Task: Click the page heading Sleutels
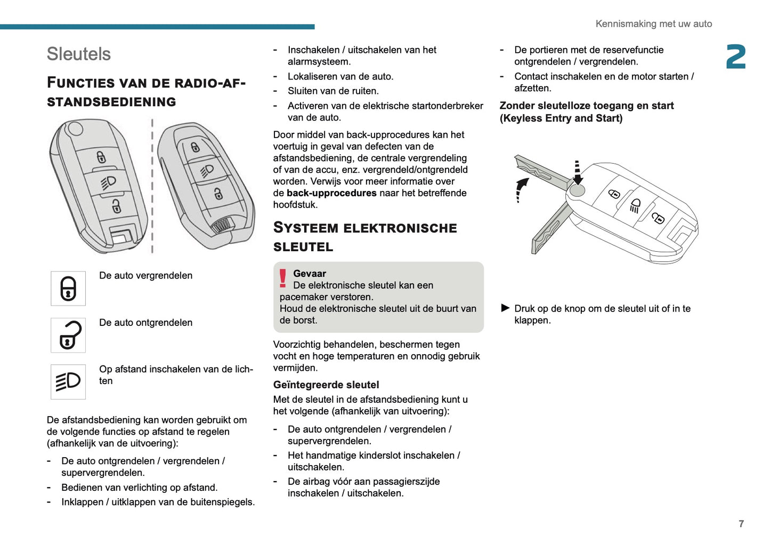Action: [x=79, y=54]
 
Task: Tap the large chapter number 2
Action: [x=736, y=57]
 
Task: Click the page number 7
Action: [x=741, y=524]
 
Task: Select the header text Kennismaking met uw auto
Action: [x=653, y=24]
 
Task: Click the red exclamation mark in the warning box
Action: [x=283, y=278]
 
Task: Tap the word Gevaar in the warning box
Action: [x=310, y=274]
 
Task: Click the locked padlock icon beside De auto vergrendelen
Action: [x=68, y=289]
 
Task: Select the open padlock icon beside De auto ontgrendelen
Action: [x=68, y=336]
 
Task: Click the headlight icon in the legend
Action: [x=68, y=382]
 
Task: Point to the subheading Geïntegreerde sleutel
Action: [x=326, y=385]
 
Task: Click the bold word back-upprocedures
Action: [x=331, y=193]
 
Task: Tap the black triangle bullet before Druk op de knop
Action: [x=505, y=308]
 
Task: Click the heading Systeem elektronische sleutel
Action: [x=365, y=237]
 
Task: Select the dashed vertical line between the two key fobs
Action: [x=152, y=187]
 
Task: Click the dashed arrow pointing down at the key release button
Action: [x=577, y=172]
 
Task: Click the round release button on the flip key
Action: [x=577, y=190]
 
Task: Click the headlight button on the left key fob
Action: [x=108, y=182]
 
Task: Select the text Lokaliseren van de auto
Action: [x=341, y=76]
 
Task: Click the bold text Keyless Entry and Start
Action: [x=561, y=118]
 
